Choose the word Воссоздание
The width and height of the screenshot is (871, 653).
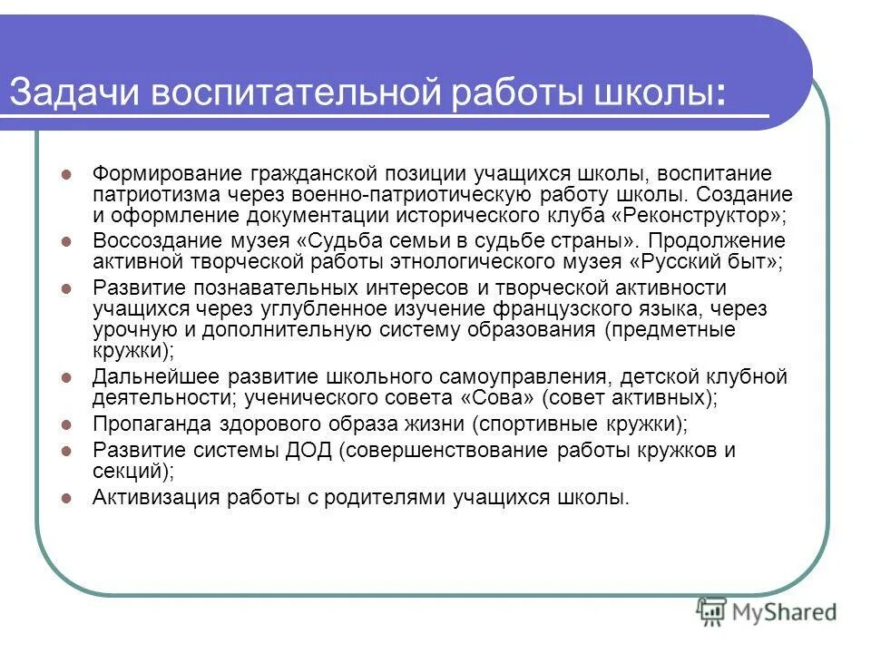pyautogui.click(x=145, y=241)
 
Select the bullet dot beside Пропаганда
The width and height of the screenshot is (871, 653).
pyautogui.click(x=65, y=424)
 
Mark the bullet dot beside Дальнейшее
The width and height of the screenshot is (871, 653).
pyautogui.click(x=65, y=376)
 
